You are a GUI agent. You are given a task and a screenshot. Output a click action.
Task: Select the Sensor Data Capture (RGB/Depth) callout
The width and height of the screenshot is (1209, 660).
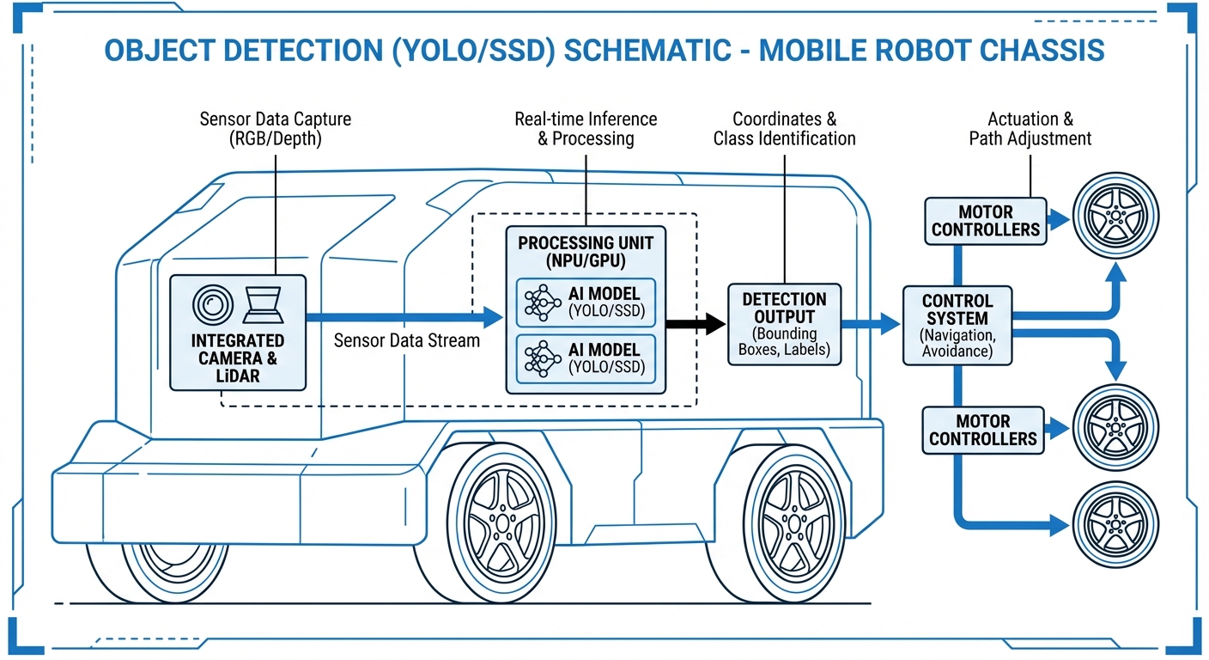click(x=275, y=129)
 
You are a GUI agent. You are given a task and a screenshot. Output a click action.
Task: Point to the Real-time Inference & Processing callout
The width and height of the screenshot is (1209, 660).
click(x=586, y=129)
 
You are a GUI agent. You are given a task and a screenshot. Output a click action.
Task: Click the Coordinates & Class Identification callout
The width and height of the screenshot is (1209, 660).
click(x=784, y=129)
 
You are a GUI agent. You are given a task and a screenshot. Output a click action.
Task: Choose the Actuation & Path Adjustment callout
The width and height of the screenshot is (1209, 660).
click(x=1030, y=129)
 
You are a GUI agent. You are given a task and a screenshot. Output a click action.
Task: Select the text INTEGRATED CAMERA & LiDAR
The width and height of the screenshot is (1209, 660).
click(x=238, y=357)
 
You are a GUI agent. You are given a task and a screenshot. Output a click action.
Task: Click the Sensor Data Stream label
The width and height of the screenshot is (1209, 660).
click(x=406, y=340)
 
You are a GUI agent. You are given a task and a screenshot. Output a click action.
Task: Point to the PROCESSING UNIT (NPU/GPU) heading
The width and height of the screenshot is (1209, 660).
click(x=585, y=252)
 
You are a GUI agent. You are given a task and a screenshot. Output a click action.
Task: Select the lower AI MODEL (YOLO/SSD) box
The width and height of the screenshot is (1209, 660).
click(x=585, y=359)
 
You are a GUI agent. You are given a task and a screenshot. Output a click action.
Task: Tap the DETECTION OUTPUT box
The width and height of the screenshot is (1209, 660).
click(x=784, y=324)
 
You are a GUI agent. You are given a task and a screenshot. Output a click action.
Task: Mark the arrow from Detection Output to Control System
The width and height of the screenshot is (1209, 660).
click(x=871, y=324)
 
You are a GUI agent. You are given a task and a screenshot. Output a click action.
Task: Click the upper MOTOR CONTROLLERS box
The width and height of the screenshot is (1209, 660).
click(x=986, y=221)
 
